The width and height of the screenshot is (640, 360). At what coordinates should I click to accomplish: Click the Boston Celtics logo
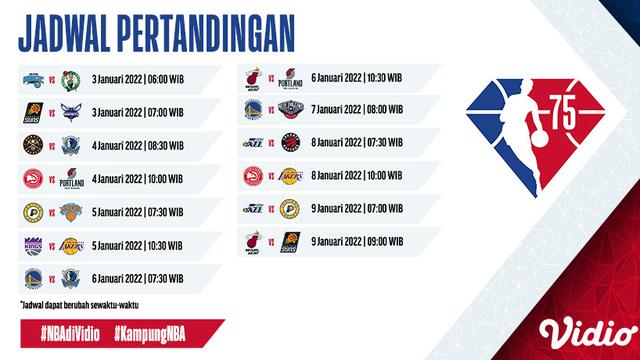(x=69, y=78)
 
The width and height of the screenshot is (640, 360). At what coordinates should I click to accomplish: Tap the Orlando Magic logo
(x=30, y=78)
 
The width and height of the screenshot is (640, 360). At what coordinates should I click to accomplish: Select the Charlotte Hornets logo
(x=69, y=111)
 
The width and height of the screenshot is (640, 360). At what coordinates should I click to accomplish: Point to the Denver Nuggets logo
(x=30, y=145)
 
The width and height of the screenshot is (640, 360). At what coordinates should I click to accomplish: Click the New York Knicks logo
(x=69, y=212)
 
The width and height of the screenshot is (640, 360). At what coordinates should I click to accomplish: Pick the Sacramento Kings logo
(x=30, y=246)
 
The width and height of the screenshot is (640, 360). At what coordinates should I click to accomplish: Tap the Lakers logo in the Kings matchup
(x=69, y=246)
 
